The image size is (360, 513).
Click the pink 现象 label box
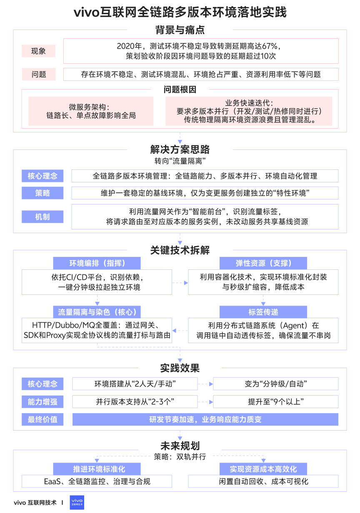click(x=39, y=51)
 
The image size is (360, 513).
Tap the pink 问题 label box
click(x=39, y=75)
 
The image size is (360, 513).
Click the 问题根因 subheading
click(x=180, y=90)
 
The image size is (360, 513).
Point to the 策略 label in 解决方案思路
click(x=42, y=193)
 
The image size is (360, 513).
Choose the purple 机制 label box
click(x=42, y=217)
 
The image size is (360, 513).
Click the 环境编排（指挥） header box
click(x=97, y=263)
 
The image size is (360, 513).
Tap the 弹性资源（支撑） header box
click(x=263, y=263)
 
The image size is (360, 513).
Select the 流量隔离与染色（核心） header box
click(x=97, y=312)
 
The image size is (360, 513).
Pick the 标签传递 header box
click(x=263, y=312)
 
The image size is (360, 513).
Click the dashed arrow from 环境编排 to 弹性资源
click(x=180, y=283)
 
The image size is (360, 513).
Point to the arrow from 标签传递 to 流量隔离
click(x=180, y=331)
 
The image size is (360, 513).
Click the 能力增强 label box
click(x=42, y=402)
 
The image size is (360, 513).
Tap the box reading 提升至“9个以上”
click(x=275, y=402)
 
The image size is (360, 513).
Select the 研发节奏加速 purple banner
click(x=205, y=419)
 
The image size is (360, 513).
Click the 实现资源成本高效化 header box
click(x=263, y=469)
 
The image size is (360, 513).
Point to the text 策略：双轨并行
click(x=180, y=457)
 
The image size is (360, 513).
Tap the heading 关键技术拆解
click(x=180, y=250)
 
